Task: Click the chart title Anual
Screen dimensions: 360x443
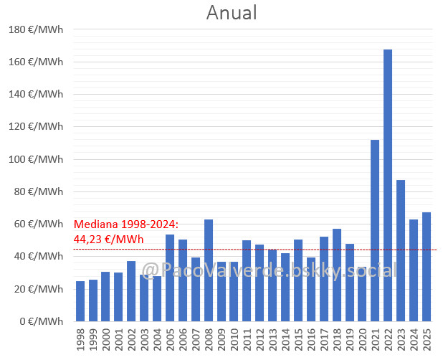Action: point(231,13)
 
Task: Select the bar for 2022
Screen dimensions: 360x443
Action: point(388,185)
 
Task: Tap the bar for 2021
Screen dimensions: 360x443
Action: point(375,230)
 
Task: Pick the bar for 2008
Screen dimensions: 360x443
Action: point(209,270)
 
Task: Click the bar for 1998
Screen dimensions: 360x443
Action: point(80,301)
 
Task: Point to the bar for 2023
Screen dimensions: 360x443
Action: point(401,250)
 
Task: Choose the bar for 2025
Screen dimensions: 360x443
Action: point(427,267)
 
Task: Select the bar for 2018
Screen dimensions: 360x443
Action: point(337,275)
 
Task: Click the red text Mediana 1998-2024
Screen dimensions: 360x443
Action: point(126,224)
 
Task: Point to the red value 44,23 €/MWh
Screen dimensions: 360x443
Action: point(109,239)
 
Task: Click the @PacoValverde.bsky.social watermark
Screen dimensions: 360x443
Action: point(269,270)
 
